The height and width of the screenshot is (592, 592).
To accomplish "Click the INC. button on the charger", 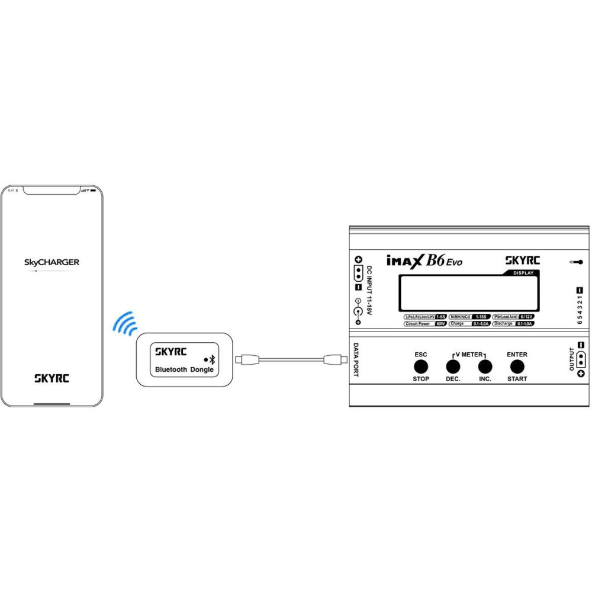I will click(485, 366).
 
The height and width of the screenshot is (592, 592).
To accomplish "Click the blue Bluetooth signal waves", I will click(125, 323).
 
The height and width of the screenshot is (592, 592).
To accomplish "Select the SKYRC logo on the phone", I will click(52, 378).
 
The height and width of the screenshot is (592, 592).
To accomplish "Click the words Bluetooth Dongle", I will click(184, 369).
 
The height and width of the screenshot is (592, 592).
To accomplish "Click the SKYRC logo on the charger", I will click(523, 260).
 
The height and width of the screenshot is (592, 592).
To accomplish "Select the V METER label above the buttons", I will click(469, 354).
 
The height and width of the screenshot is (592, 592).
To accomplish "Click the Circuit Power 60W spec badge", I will click(424, 324).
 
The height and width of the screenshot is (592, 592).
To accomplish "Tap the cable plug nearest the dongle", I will click(246, 359).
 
